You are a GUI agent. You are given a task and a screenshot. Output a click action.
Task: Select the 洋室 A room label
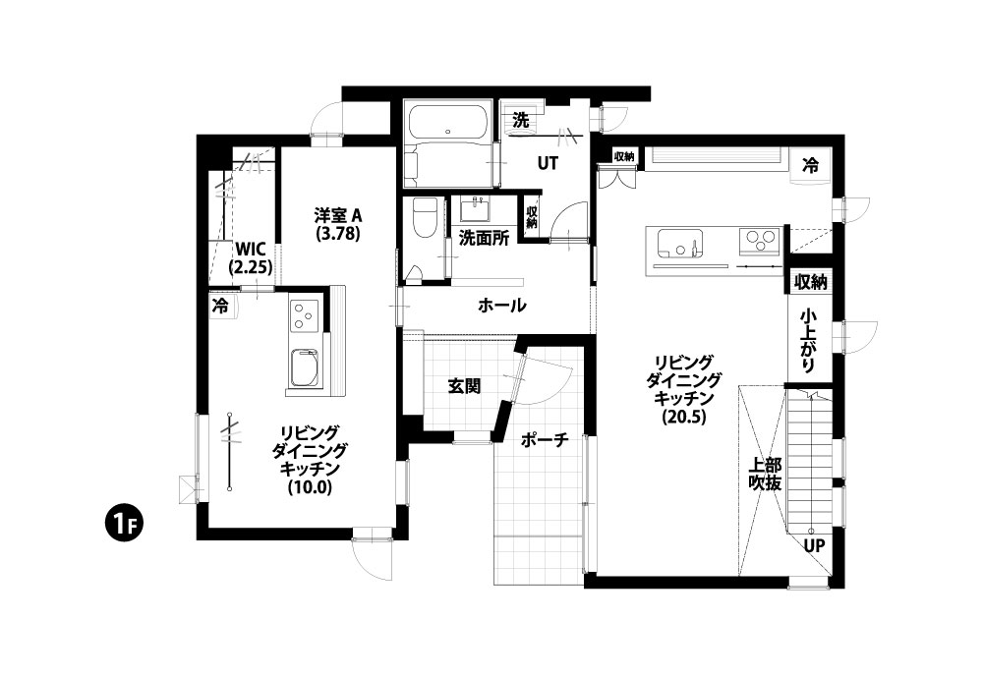coord(338,215)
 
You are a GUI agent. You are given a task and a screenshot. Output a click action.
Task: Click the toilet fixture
coord(423,219)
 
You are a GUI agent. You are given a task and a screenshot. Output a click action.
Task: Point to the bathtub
coord(447,121)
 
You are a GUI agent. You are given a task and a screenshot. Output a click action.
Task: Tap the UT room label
coord(548,163)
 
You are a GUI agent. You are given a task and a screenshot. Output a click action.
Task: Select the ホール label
coord(501,306)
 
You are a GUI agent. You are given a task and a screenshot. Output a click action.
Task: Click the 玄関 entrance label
coord(465,386)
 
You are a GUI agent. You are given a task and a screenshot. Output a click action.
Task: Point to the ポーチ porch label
coord(545,439)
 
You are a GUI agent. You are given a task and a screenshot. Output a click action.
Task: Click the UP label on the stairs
coord(814,545)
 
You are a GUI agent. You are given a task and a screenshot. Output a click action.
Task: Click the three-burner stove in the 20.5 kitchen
coord(759,241)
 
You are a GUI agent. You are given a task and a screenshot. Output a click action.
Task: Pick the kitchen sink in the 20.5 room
coord(679,243)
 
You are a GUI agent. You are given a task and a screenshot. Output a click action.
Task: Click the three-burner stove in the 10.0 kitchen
coord(305,315)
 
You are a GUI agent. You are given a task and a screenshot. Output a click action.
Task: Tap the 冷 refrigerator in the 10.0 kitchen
coord(220,306)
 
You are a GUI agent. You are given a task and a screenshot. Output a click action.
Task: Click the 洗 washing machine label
coord(520,120)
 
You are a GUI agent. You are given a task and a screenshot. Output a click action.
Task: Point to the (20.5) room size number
coord(683,417)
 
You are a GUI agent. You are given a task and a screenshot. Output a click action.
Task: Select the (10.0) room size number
coord(309,486)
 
